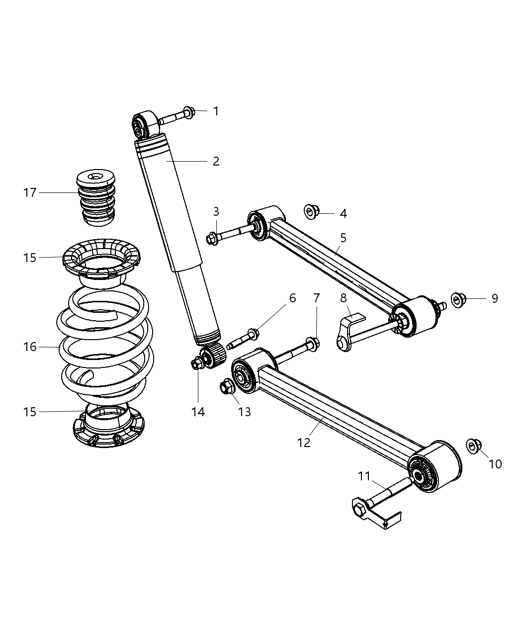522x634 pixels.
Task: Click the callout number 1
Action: click(216, 111)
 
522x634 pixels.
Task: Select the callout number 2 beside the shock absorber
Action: click(216, 162)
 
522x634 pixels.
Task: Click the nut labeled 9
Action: click(458, 299)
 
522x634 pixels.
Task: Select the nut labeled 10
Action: click(473, 446)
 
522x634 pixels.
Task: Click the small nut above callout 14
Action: click(197, 364)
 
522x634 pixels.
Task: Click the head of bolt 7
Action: click(313, 343)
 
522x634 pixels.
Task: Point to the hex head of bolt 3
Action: click(211, 239)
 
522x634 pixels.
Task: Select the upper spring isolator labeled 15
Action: click(102, 261)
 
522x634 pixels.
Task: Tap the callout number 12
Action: click(304, 442)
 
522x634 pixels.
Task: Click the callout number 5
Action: click(343, 238)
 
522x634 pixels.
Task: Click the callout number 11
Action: click(364, 476)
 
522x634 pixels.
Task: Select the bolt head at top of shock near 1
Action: click(189, 111)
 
